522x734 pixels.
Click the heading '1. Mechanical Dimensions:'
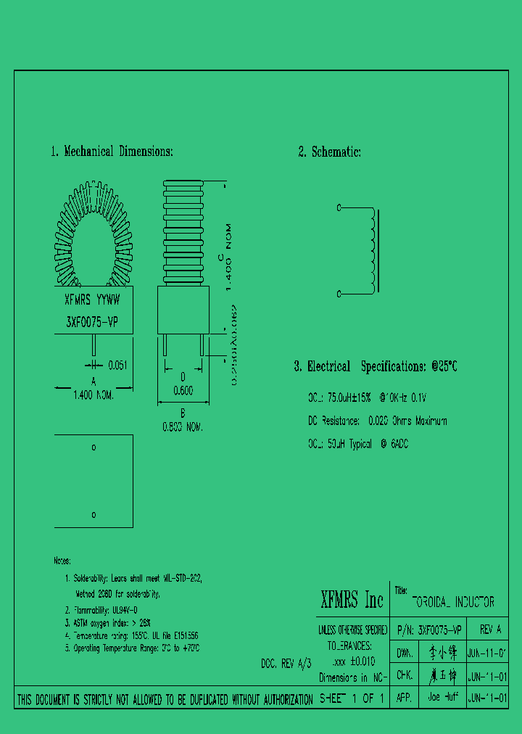[x=112, y=152]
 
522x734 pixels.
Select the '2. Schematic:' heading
[x=329, y=152]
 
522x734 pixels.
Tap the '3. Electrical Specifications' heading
[x=375, y=366]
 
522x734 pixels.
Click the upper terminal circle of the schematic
[x=339, y=208]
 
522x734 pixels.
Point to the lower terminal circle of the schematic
[x=339, y=294]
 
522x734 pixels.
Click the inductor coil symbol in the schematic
[x=373, y=251]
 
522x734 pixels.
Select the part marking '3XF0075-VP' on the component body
[x=93, y=322]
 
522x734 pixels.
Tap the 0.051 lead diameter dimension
[x=117, y=366]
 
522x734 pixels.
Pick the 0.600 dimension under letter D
[x=183, y=390]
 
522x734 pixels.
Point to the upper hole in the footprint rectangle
[x=94, y=448]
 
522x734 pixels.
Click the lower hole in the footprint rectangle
[x=94, y=514]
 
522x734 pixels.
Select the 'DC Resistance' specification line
[x=377, y=421]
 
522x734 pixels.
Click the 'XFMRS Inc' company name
[x=352, y=600]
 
